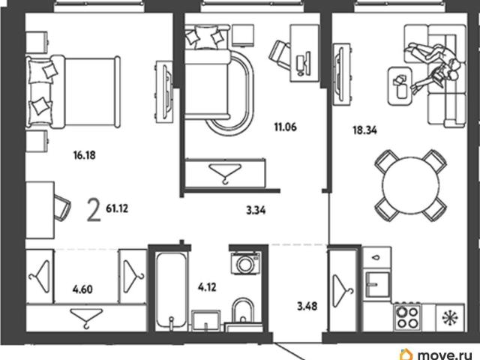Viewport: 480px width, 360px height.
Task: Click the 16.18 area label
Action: click(85, 155)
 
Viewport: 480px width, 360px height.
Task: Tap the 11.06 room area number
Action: click(285, 127)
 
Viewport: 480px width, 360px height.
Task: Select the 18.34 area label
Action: click(364, 130)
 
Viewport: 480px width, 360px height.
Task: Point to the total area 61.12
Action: click(117, 208)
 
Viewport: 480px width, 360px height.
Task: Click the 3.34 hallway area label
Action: click(256, 210)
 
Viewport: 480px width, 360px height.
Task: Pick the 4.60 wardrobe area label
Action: click(82, 289)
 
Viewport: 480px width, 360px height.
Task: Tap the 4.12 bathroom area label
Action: click(207, 287)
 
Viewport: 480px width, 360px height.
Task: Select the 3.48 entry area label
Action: click(307, 306)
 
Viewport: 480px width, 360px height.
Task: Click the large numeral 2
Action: click(94, 210)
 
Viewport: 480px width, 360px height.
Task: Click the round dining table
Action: click(410, 185)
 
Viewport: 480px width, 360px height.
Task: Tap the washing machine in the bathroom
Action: click(246, 263)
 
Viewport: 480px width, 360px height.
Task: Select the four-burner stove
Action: click(406, 317)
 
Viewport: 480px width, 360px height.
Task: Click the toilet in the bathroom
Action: click(243, 310)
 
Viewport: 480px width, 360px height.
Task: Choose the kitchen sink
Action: click(378, 284)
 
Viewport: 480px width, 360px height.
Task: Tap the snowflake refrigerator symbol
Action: click(450, 317)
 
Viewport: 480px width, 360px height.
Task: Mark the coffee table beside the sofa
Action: click(399, 85)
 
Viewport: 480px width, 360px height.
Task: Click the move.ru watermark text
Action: click(445, 355)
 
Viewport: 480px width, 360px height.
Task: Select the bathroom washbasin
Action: click(206, 320)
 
